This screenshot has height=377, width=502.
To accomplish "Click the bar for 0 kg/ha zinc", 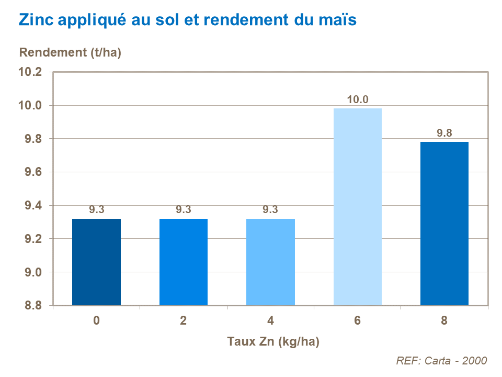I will tap(96, 262).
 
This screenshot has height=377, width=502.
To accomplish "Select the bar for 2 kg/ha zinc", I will tap(184, 262).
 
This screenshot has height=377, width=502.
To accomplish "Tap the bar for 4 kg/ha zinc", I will tap(270, 262).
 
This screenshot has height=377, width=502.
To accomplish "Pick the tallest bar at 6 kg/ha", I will tap(357, 207).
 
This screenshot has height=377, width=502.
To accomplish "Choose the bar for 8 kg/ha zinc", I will tap(444, 224).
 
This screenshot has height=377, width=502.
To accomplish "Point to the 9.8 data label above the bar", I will tap(444, 133).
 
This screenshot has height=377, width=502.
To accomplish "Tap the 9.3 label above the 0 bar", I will tap(96, 210).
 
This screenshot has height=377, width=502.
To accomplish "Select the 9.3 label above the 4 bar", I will tap(270, 210).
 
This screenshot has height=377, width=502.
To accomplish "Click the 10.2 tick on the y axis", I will tap(30, 72).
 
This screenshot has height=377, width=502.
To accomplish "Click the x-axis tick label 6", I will tap(357, 321).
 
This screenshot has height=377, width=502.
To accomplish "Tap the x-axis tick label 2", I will tap(184, 321).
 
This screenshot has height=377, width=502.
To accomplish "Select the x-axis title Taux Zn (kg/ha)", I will tap(273, 342).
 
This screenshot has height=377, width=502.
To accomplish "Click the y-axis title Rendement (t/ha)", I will tap(70, 52).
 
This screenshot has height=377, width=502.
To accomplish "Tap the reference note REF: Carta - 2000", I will tap(441, 361).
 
